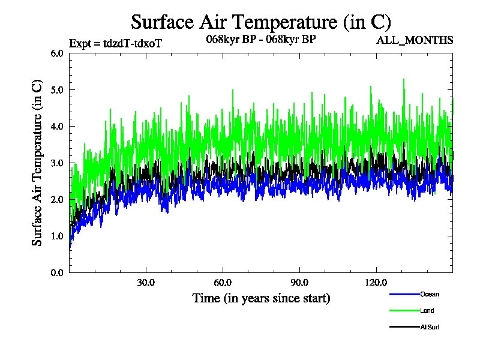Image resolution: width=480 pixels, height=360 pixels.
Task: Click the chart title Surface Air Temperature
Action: (261, 22)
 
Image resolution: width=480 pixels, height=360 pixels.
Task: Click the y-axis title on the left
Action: (37, 163)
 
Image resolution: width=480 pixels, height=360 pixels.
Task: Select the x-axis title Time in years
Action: (261, 298)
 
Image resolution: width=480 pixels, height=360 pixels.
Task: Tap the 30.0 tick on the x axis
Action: (146, 283)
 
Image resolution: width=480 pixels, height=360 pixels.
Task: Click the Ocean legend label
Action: (429, 294)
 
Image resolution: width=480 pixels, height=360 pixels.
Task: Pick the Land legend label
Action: (427, 311)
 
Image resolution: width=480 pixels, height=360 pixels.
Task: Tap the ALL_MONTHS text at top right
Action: (414, 40)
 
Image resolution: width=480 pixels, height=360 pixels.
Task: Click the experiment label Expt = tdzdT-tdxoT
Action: (116, 43)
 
